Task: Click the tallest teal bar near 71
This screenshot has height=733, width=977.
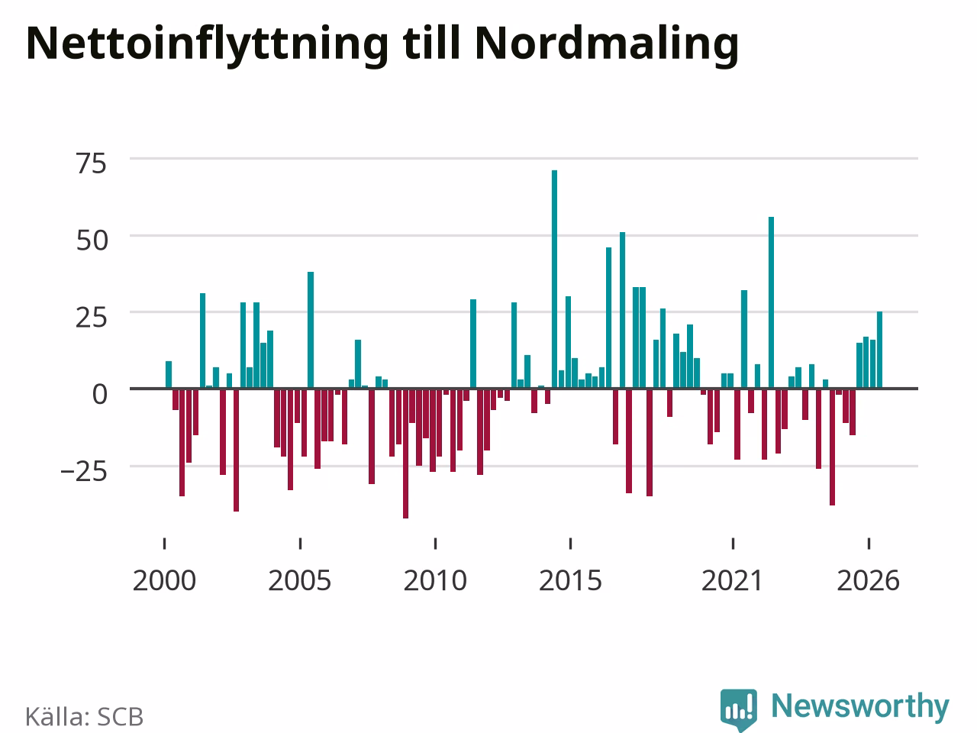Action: pyautogui.click(x=554, y=279)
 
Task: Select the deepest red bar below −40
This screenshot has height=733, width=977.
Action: pyautogui.click(x=405, y=454)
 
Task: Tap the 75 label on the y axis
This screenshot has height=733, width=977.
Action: pyautogui.click(x=92, y=163)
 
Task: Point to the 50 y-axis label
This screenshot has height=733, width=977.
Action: pyautogui.click(x=92, y=241)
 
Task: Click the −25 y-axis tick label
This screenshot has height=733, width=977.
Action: pyautogui.click(x=84, y=472)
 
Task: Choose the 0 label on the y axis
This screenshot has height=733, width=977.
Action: pyautogui.click(x=100, y=394)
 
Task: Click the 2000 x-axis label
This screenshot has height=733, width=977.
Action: pyautogui.click(x=164, y=581)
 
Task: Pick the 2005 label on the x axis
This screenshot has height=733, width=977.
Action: pyautogui.click(x=299, y=581)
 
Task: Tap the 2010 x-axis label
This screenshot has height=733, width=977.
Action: pyautogui.click(x=435, y=581)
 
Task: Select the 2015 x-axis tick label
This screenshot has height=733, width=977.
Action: pyautogui.click(x=570, y=581)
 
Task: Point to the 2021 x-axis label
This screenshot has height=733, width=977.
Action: pyautogui.click(x=732, y=581)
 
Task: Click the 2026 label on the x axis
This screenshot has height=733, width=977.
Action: pyautogui.click(x=868, y=581)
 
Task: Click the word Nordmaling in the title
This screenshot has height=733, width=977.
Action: pyautogui.click(x=607, y=44)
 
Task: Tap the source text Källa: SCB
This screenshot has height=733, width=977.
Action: pyautogui.click(x=84, y=716)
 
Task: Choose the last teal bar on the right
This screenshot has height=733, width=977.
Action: pyautogui.click(x=879, y=350)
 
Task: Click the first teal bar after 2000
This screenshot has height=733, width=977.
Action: pyautogui.click(x=169, y=375)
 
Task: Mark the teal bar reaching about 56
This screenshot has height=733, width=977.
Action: pyautogui.click(x=772, y=302)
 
